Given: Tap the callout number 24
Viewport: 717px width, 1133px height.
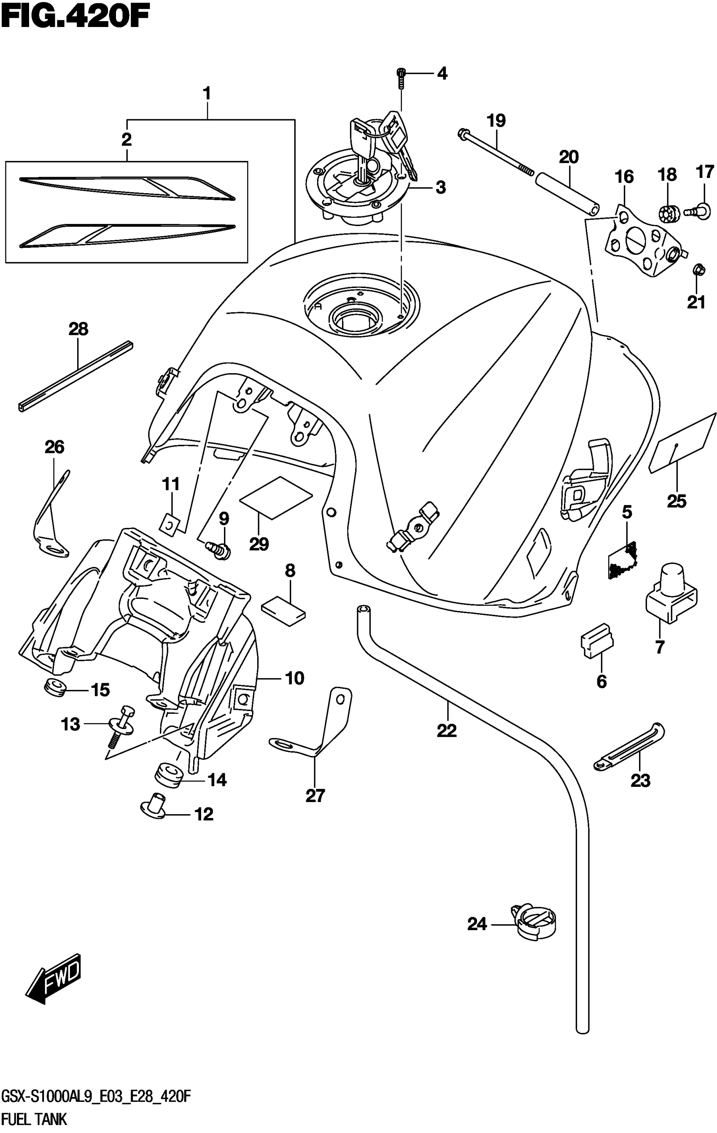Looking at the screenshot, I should pyautogui.click(x=477, y=924).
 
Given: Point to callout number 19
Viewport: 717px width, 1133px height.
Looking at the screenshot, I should pyautogui.click(x=496, y=121).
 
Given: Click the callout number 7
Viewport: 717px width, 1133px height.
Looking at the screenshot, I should pyautogui.click(x=660, y=647).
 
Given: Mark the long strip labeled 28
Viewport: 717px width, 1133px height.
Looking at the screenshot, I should pyautogui.click(x=75, y=375).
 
